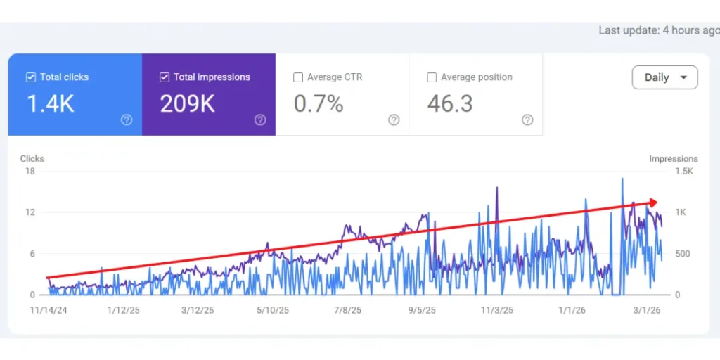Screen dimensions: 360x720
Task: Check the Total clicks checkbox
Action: point(30,77)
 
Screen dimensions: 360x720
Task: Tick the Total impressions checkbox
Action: point(165,77)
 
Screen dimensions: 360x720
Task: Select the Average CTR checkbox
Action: point(298,77)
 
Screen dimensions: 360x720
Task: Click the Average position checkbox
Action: point(432,77)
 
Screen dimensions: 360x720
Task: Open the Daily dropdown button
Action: point(664,77)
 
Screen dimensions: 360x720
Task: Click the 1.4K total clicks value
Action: point(50,104)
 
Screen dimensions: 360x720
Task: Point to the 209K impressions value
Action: point(187,104)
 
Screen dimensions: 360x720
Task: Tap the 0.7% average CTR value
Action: point(319,104)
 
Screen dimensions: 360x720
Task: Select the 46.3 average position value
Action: point(450,104)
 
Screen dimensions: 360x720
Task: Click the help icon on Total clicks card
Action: point(127,120)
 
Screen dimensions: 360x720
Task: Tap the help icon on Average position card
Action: point(527,120)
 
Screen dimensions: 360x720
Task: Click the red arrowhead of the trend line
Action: point(654,202)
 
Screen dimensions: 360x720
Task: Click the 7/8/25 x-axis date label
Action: point(347,310)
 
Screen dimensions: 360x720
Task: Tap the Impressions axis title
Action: point(673,159)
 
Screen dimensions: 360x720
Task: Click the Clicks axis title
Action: point(32,159)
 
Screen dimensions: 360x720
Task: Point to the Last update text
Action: point(658,30)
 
